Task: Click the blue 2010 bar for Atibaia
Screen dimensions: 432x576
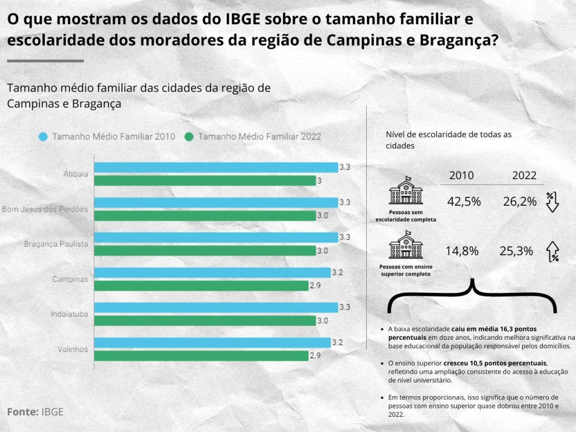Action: (x=216, y=167)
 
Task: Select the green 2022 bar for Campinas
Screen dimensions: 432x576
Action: (x=201, y=286)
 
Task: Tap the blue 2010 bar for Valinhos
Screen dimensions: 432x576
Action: (x=212, y=343)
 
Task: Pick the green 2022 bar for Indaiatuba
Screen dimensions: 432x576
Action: (x=205, y=321)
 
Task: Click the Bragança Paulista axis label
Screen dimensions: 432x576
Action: (x=56, y=244)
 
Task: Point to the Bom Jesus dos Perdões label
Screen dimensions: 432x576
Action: (x=45, y=209)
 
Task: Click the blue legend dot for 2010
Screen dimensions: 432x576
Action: (x=43, y=137)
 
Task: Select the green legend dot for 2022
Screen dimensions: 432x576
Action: (x=189, y=137)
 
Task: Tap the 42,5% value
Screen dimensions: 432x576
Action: (x=464, y=201)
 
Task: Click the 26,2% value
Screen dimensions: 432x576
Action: (x=520, y=201)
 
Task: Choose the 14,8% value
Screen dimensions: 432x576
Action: (x=462, y=251)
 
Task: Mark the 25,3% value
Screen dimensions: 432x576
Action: (x=516, y=251)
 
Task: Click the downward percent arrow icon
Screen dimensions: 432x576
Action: (x=552, y=201)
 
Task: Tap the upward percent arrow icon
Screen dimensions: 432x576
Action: (x=553, y=251)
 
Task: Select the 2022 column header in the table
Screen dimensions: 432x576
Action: (x=524, y=175)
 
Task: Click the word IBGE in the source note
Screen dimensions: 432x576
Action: (x=52, y=412)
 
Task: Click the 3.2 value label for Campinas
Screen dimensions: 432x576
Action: (x=337, y=272)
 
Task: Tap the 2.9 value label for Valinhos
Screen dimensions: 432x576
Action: (x=316, y=356)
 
